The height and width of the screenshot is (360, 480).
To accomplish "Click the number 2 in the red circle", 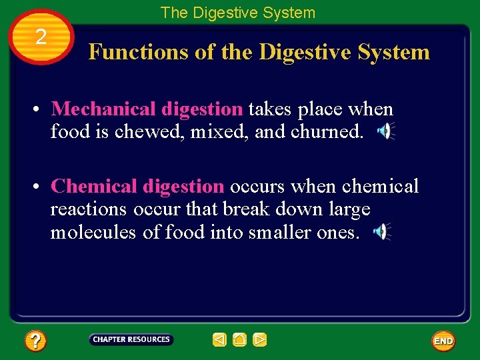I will [41, 37].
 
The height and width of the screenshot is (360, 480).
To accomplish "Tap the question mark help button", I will [35, 341].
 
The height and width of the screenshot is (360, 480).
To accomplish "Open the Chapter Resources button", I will [131, 340].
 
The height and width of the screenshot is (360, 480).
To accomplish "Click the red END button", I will [443, 341].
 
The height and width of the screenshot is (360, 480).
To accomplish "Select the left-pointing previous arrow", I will [219, 340].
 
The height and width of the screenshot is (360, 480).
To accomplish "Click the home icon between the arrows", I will [240, 340].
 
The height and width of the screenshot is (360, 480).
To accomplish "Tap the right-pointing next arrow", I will [260, 340].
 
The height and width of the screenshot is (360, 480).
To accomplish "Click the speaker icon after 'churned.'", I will [385, 131].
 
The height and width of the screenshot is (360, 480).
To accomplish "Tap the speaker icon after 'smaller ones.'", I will [381, 232].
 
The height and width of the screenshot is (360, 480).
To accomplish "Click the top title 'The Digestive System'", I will [238, 12].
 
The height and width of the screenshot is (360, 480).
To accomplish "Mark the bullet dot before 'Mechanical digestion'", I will [41, 109].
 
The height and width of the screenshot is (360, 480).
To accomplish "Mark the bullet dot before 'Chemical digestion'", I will [41, 187].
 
